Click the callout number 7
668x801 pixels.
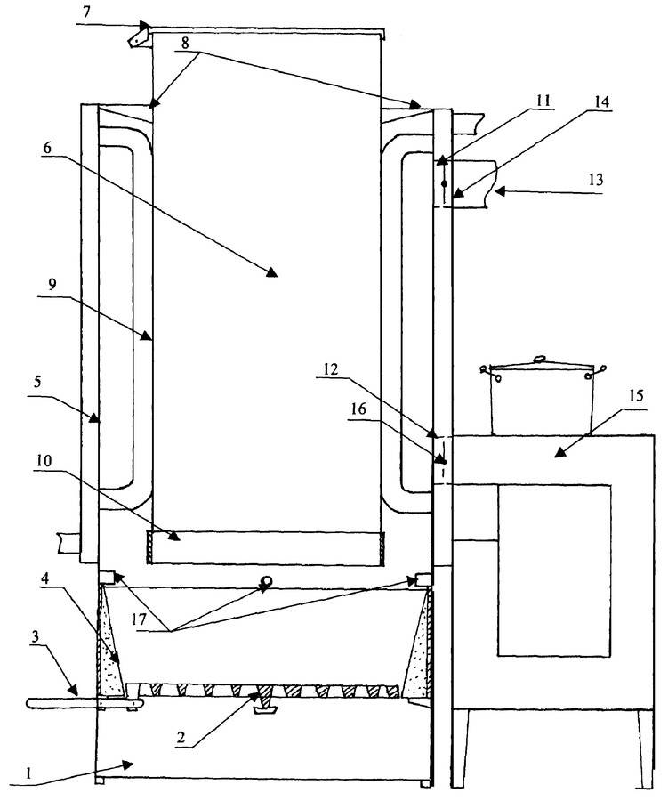tap(87, 12)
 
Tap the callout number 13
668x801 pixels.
tap(595, 180)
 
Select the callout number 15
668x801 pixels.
tap(636, 396)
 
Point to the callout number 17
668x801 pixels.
tap(139, 619)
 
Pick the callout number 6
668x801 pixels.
tap(47, 148)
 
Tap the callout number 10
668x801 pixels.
tap(44, 461)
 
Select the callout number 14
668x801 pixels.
tap(601, 101)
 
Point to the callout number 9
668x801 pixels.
tap(52, 285)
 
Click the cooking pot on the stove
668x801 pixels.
tap(543, 397)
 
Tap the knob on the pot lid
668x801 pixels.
tap(539, 360)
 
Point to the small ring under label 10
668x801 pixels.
tap(266, 580)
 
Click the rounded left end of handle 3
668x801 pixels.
tap(30, 704)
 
